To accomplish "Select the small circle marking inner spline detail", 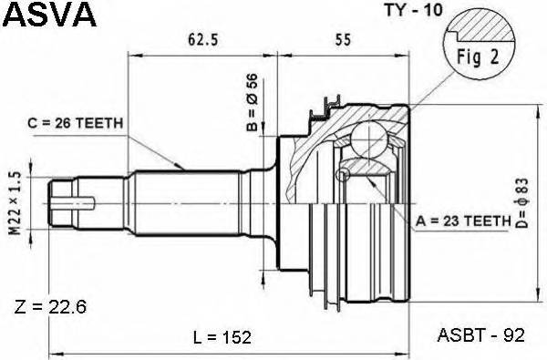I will (x=344, y=175).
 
